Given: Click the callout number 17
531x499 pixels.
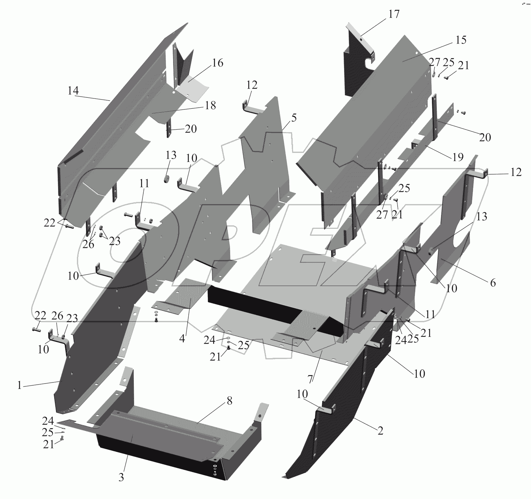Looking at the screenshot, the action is pos(394,14).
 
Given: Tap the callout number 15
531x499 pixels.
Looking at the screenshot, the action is pos(461,40).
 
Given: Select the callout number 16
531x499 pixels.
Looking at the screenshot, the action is pos(217,63).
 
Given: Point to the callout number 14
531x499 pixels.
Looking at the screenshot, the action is pos(73,91).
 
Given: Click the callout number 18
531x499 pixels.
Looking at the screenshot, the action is pos(210,106).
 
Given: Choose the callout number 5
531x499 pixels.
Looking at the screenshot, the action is pos(294,118).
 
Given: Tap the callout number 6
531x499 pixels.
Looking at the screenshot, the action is pos(493,283).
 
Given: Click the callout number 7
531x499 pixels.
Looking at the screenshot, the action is pos(310,379).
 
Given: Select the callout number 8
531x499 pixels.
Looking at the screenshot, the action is pos(229,401).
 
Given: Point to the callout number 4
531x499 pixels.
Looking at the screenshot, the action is pos(182,339).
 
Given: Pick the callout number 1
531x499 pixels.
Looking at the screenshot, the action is pos(19,386).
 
